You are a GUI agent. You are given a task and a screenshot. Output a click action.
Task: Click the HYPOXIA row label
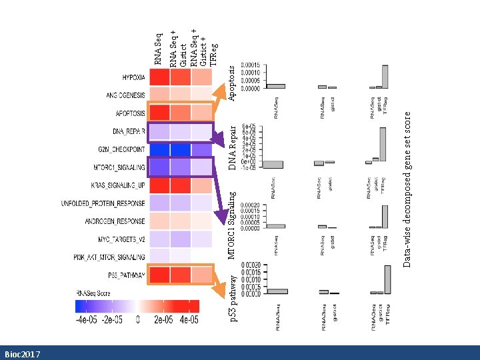tap(133, 77)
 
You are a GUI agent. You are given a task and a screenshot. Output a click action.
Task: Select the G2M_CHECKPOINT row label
tap(122, 149)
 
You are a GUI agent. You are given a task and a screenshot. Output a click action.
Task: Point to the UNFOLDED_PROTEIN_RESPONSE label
tap(103, 203)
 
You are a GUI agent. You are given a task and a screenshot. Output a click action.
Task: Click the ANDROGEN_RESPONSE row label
tap(115, 221)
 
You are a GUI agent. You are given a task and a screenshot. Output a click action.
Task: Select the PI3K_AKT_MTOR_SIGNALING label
tap(109, 257)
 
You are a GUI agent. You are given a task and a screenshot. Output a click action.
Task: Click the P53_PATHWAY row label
tap(126, 275)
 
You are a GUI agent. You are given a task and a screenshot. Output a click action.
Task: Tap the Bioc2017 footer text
tap(22, 354)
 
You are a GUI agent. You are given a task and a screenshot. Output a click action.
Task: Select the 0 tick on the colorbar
tap(137, 320)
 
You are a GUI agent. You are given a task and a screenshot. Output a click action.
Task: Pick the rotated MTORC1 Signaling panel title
tap(231, 225)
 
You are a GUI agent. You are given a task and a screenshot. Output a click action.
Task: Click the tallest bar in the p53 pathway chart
tap(387, 280)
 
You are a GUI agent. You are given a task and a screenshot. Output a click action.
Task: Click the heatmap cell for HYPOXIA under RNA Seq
tap(159, 77)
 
